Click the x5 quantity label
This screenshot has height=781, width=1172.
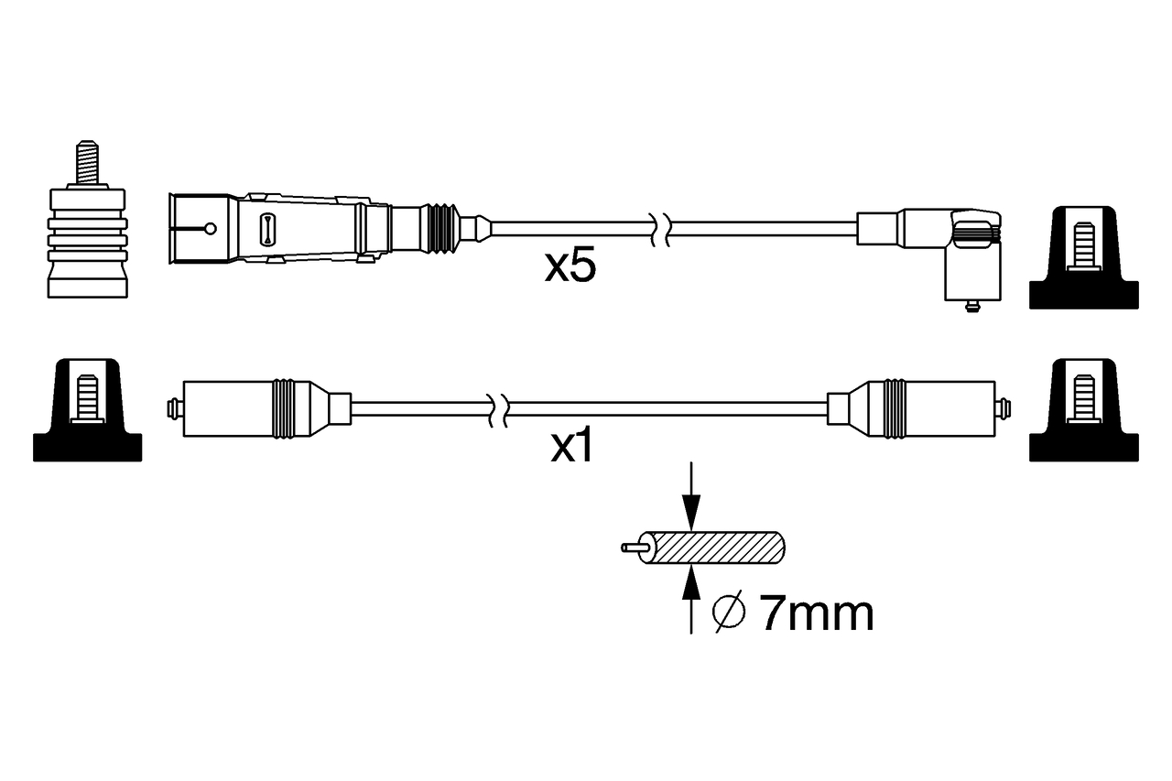pyautogui.click(x=570, y=266)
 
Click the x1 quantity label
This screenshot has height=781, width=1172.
pyautogui.click(x=571, y=447)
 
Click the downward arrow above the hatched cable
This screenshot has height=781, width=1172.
pyautogui.click(x=691, y=499)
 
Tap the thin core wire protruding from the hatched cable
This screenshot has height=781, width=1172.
pyautogui.click(x=635, y=548)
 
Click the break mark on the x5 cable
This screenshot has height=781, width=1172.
pyautogui.click(x=660, y=228)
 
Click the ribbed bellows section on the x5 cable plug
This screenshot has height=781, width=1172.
pyautogui.click(x=441, y=227)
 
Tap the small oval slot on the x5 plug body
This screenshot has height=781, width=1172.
pyautogui.click(x=267, y=228)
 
